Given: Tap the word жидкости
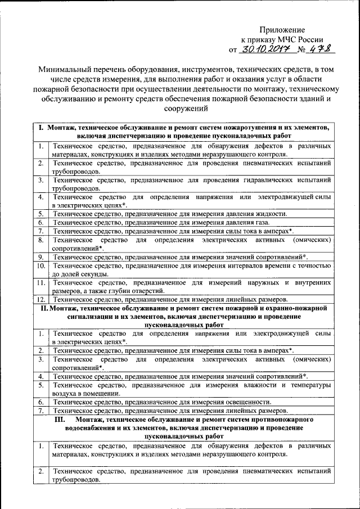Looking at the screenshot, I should (x=273, y=214).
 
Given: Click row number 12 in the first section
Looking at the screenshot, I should (x=41, y=300).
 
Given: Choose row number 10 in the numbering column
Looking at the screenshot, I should (x=41, y=265).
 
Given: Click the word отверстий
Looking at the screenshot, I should (x=148, y=291).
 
